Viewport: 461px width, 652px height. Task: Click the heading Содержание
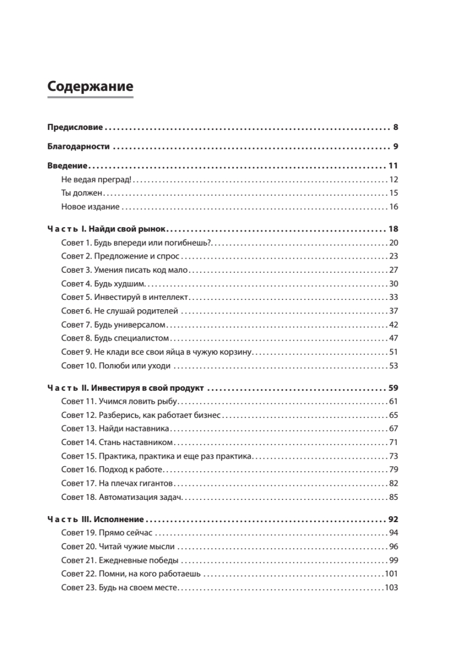90,86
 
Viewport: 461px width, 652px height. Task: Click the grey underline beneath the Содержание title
90,97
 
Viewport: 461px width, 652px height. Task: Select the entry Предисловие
75,128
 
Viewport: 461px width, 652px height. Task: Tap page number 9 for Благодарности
396,146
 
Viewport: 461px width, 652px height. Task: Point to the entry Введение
67,166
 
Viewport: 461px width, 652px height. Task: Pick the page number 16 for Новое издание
394,206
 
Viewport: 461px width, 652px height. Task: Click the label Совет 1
76,243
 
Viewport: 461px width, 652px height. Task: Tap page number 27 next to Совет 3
394,270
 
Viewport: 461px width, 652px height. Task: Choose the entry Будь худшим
122,284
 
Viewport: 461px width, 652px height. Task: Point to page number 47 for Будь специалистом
394,338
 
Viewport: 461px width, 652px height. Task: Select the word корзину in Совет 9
234,352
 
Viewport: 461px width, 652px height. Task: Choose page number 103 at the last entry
391,587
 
